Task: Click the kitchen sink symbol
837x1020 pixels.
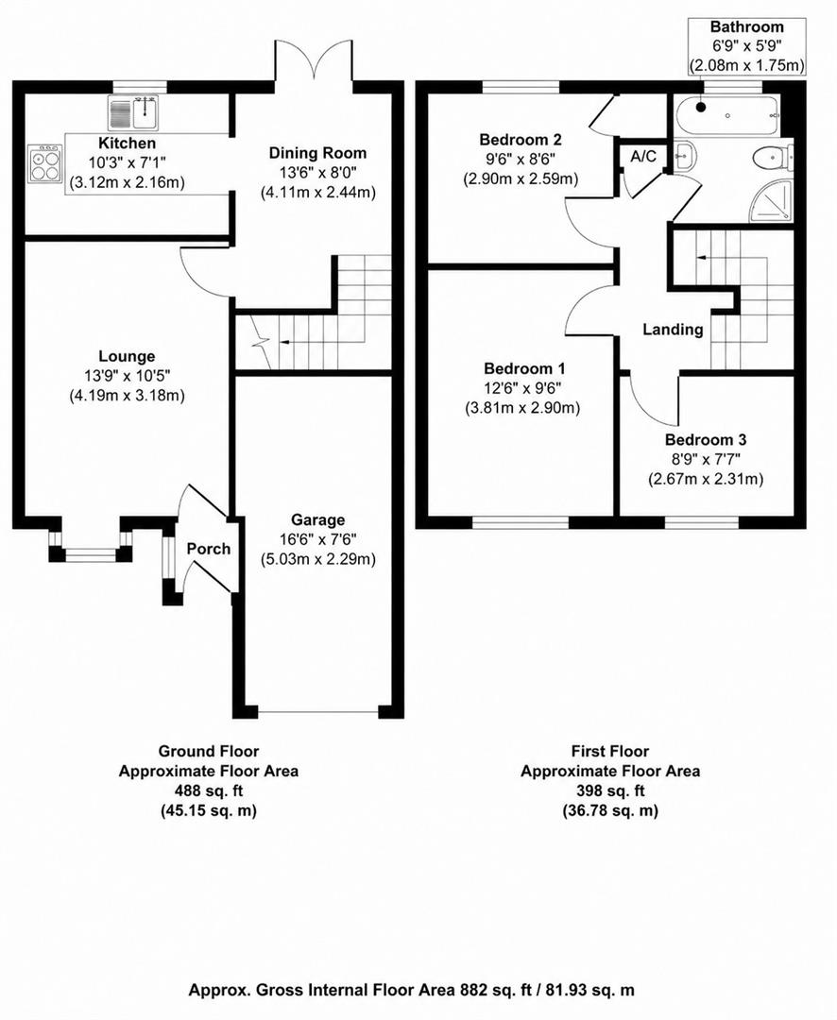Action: click(133, 112)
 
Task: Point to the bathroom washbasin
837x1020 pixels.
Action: click(685, 157)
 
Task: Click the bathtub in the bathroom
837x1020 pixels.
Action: click(726, 116)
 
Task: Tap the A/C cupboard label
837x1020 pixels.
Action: click(643, 156)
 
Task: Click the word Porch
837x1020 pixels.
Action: click(208, 549)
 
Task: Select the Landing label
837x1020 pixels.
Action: click(673, 330)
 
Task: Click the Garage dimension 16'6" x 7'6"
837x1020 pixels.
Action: click(317, 539)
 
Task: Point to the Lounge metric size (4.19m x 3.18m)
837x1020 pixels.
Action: click(127, 396)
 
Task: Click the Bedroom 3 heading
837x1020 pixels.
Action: click(706, 440)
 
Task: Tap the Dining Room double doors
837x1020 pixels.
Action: click(314, 59)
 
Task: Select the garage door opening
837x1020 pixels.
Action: click(317, 712)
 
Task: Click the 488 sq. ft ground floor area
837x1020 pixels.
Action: click(208, 791)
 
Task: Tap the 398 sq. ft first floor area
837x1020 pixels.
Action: click(610, 791)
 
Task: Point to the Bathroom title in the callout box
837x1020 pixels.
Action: click(746, 27)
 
